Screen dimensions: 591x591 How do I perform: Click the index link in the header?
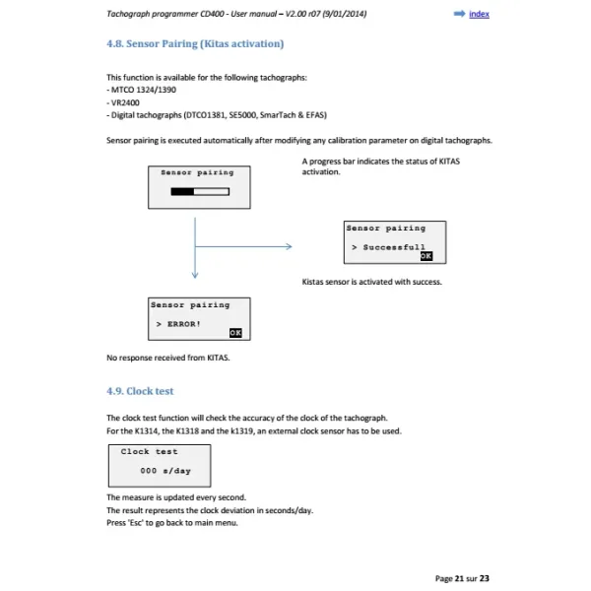(479, 14)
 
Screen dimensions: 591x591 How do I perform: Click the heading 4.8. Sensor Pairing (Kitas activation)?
(195, 44)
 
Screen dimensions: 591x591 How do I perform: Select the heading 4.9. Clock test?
(140, 391)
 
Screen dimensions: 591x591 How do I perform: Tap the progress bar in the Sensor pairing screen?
(198, 192)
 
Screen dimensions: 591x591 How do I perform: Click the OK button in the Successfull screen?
(426, 255)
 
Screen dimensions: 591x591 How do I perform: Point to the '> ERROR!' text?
(177, 323)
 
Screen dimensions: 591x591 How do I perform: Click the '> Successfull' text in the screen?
(388, 247)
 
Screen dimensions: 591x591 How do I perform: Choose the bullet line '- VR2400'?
(126, 101)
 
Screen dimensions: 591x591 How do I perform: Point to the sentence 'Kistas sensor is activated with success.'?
(371, 282)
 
